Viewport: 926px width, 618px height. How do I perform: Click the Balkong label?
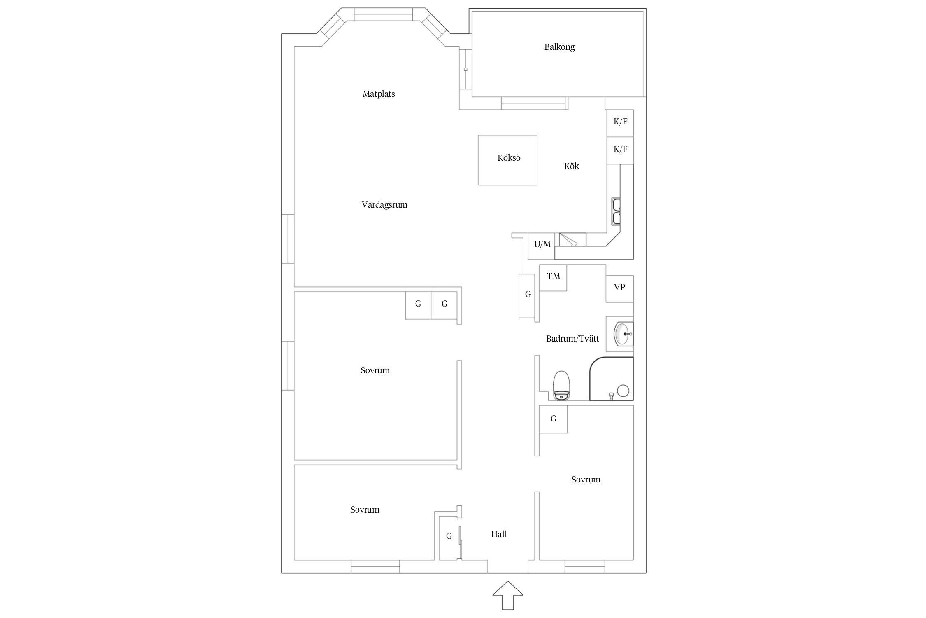click(x=559, y=47)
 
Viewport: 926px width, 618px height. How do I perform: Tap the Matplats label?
click(x=379, y=94)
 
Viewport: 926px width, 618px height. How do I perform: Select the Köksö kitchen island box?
click(x=507, y=160)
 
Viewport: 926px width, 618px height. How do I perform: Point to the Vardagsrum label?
click(x=384, y=205)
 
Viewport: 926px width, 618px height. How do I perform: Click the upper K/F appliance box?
click(x=620, y=123)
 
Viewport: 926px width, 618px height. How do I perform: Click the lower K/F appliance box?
click(x=620, y=150)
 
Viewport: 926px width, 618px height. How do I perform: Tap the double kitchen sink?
click(x=616, y=211)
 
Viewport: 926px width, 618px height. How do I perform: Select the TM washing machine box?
click(x=553, y=278)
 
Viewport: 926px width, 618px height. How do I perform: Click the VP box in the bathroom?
click(x=619, y=288)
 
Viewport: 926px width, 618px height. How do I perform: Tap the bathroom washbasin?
click(x=623, y=334)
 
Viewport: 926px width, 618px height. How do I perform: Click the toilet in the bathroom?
click(x=561, y=386)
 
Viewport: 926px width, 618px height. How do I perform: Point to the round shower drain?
click(x=623, y=391)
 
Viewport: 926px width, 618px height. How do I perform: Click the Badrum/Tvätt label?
click(x=572, y=339)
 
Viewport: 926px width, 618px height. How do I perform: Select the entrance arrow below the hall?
click(x=508, y=595)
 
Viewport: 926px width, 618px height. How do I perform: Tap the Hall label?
click(x=498, y=534)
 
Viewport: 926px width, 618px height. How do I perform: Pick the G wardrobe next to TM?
click(x=527, y=296)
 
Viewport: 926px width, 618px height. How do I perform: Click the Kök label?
click(x=572, y=166)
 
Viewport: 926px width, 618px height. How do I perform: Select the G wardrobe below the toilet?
click(x=554, y=419)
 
